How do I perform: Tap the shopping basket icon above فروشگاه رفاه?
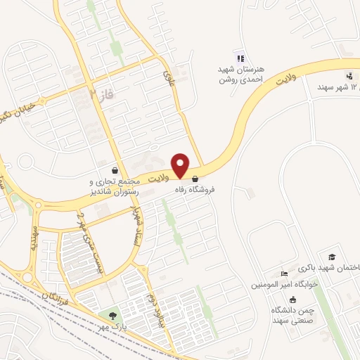pyautogui.click(x=195, y=179)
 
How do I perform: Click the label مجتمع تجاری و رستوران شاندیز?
pyautogui.click(x=115, y=186)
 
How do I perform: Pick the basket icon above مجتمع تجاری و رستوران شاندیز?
pyautogui.click(x=115, y=171)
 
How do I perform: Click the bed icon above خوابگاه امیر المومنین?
pyautogui.click(x=283, y=274)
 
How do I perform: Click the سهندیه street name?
pyautogui.click(x=32, y=239)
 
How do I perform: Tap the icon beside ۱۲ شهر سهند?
pyautogui.click(x=349, y=76)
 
